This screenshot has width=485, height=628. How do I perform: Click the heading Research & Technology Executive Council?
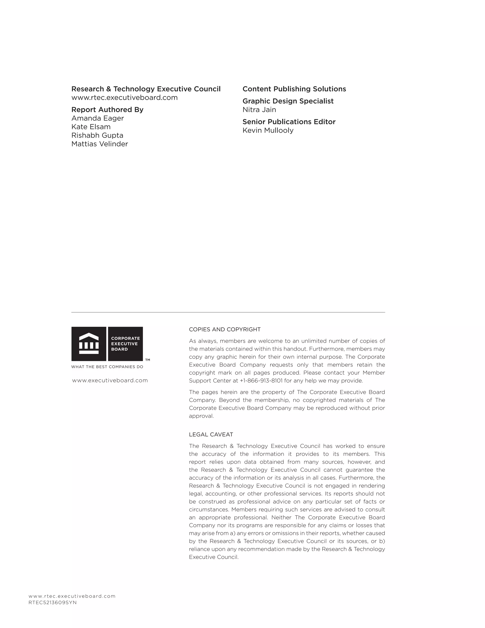pos(146,89)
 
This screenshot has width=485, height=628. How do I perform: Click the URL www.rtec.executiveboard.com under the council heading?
pos(124,98)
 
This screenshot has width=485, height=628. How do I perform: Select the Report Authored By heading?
pos(107,110)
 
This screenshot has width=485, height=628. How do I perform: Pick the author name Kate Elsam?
pos(91,127)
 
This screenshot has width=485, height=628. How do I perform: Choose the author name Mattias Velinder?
pos(99,144)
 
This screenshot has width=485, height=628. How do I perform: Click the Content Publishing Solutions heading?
pos(294,89)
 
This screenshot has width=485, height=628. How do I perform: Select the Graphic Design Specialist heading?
pos(288,101)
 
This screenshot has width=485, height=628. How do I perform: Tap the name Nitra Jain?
pos(259,110)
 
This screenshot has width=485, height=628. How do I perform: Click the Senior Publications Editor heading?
pos(289,122)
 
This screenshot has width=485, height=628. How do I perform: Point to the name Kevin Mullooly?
pos(268,131)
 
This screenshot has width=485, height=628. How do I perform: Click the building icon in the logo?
pos(89,344)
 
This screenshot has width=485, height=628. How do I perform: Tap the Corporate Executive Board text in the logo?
pos(125,344)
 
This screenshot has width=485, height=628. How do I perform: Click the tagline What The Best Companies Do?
pos(107,367)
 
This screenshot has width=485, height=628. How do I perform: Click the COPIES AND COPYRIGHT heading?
pos(225,330)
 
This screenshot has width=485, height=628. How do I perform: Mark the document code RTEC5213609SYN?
pos(53,603)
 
